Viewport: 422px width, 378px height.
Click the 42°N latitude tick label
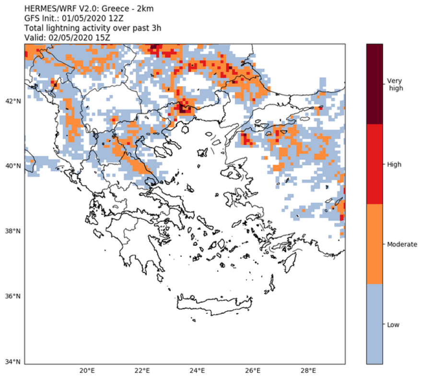coord(12,101)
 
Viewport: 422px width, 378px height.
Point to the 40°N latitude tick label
coord(12,166)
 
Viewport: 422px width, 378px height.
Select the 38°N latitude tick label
coord(12,231)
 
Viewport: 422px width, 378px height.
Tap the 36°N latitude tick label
coord(12,296)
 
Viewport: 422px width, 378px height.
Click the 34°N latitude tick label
coord(12,361)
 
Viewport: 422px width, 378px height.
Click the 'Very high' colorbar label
coord(396,84)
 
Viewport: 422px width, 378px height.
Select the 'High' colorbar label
coord(394,164)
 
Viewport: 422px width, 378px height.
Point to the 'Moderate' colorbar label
coord(402,244)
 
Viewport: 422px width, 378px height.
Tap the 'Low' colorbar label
coord(393,324)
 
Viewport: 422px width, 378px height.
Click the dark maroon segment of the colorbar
coord(375,84)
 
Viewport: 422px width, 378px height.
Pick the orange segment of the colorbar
coord(375,244)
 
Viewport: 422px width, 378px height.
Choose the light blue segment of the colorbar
coord(375,324)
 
